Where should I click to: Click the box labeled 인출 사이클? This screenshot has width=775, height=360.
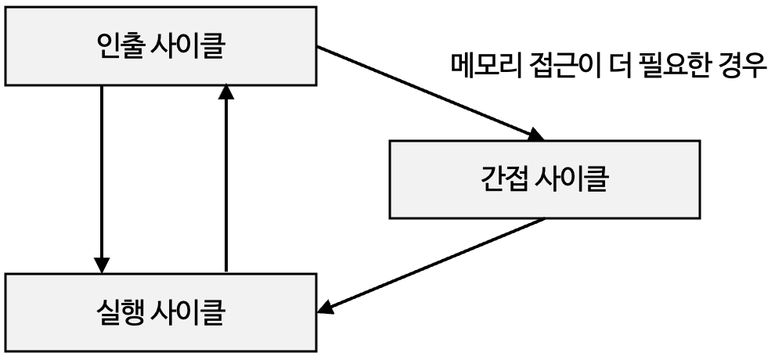pyautogui.click(x=162, y=47)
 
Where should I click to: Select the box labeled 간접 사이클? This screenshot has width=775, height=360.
pyautogui.click(x=545, y=178)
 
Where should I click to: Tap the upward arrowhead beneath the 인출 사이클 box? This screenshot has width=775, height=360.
pyautogui.click(x=225, y=92)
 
